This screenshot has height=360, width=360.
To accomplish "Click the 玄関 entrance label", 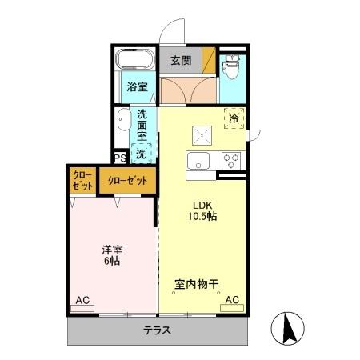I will pyautogui.click(x=180, y=59).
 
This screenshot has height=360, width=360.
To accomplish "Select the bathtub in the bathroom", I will pyautogui.click(x=136, y=60).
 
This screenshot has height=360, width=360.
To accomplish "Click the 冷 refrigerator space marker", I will pyautogui.click(x=234, y=118).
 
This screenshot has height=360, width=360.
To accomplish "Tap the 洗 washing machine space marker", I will pyautogui.click(x=142, y=153).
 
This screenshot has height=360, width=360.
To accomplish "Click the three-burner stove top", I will pyautogui.click(x=231, y=159).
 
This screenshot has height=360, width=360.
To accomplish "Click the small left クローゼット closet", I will pyautogui.click(x=81, y=181).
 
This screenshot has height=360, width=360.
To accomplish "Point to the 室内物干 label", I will pyautogui.click(x=198, y=283).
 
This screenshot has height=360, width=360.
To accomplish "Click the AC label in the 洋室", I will pyautogui.click(x=82, y=300).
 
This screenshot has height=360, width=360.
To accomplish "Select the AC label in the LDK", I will pyautogui.click(x=232, y=300).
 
